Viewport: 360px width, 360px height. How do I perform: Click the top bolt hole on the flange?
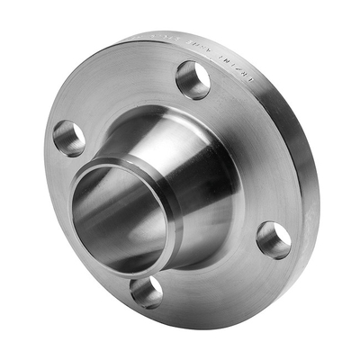click(x=193, y=79)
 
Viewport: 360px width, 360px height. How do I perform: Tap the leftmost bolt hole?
click(x=69, y=138)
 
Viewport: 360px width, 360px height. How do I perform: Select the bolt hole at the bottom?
click(x=146, y=291)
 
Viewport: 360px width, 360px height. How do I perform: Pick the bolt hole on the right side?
click(x=274, y=239)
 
